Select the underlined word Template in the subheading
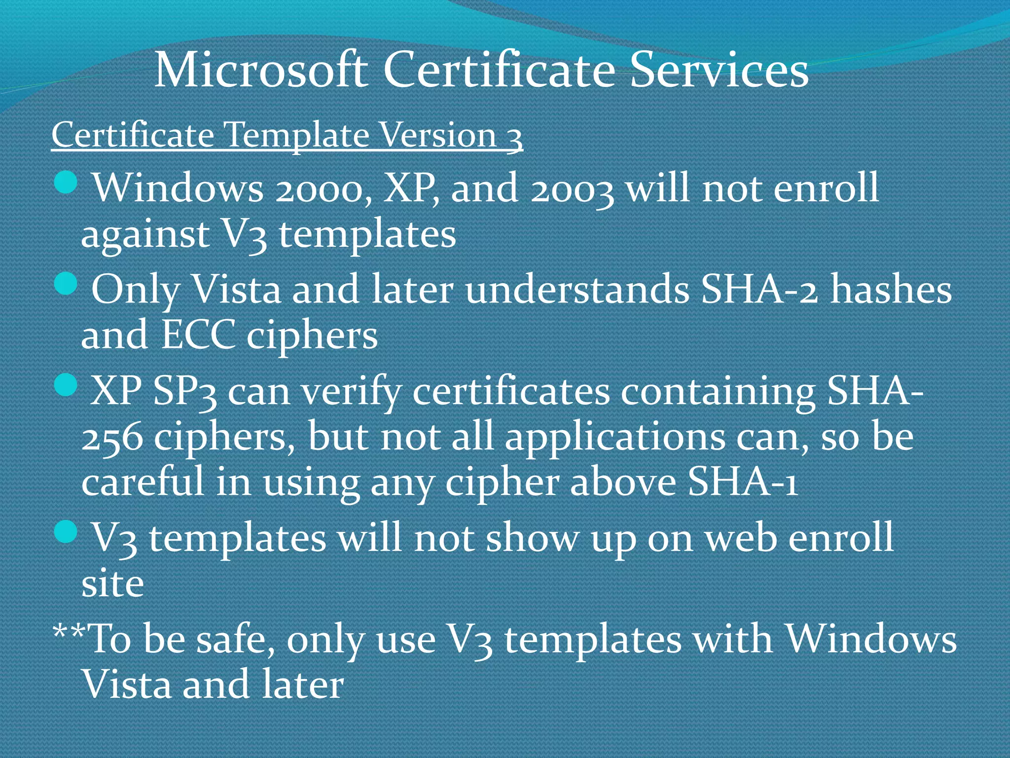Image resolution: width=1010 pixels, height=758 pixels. coord(296,135)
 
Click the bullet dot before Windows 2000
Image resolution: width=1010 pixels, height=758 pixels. coord(65,183)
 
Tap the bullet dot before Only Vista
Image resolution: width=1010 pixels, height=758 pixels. coord(65,284)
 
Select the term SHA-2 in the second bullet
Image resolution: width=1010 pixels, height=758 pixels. coord(759,290)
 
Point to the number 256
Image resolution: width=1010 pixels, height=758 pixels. coord(112,438)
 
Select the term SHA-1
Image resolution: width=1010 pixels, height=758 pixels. coord(742,483)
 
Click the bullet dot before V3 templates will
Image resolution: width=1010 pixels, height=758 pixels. coord(65,532)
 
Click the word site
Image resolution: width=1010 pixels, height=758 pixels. coord(112,584)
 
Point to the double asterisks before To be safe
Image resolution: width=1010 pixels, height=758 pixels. coord(70,632)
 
